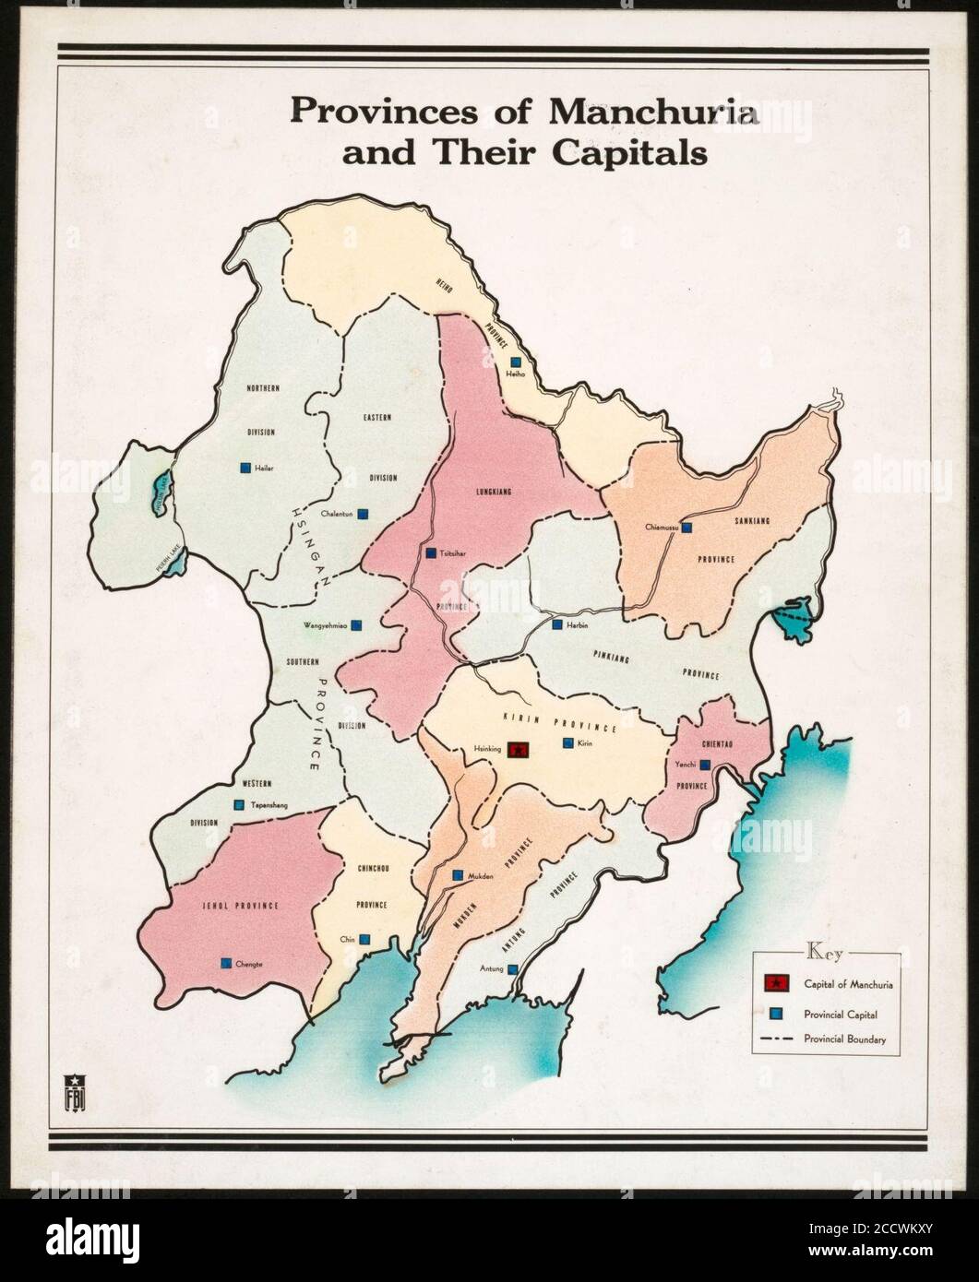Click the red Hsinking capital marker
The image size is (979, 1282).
tap(519, 750)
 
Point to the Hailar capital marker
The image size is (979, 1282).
tap(245, 468)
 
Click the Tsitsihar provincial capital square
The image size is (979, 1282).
tap(431, 553)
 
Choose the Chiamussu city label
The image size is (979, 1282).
tap(662, 528)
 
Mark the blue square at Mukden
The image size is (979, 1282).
tap(458, 875)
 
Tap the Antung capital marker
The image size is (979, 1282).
tap(513, 969)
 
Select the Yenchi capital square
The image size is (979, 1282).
tap(705, 765)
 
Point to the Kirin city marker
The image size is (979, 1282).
tap(567, 742)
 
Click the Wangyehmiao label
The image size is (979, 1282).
tap(325, 625)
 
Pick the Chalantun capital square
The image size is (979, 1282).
tap(364, 514)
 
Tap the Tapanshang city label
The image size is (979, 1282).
tap(269, 805)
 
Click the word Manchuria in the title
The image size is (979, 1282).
tap(654, 112)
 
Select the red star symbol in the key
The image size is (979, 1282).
tap(777, 983)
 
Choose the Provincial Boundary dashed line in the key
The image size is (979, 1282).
tap(777, 1039)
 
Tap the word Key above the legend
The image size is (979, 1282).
tap(824, 950)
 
